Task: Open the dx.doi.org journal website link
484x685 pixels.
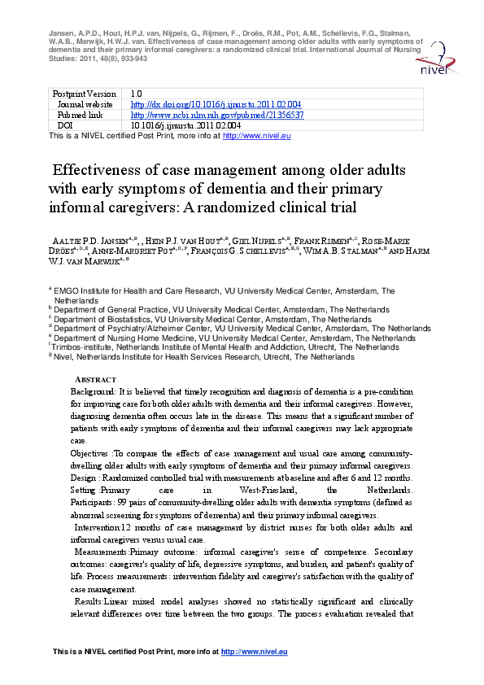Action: pos(216,104)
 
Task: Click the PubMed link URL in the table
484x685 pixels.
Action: pos(217,115)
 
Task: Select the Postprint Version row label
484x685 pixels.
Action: pos(85,94)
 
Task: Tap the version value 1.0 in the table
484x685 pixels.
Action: pos(137,94)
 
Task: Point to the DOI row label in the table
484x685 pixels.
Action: pos(65,125)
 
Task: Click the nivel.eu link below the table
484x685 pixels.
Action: pos(256,136)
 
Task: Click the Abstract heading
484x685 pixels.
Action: pos(95,380)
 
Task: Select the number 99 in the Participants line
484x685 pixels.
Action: pos(122,503)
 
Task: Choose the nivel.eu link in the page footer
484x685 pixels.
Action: pos(255,652)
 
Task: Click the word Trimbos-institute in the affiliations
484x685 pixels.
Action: pos(82,347)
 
